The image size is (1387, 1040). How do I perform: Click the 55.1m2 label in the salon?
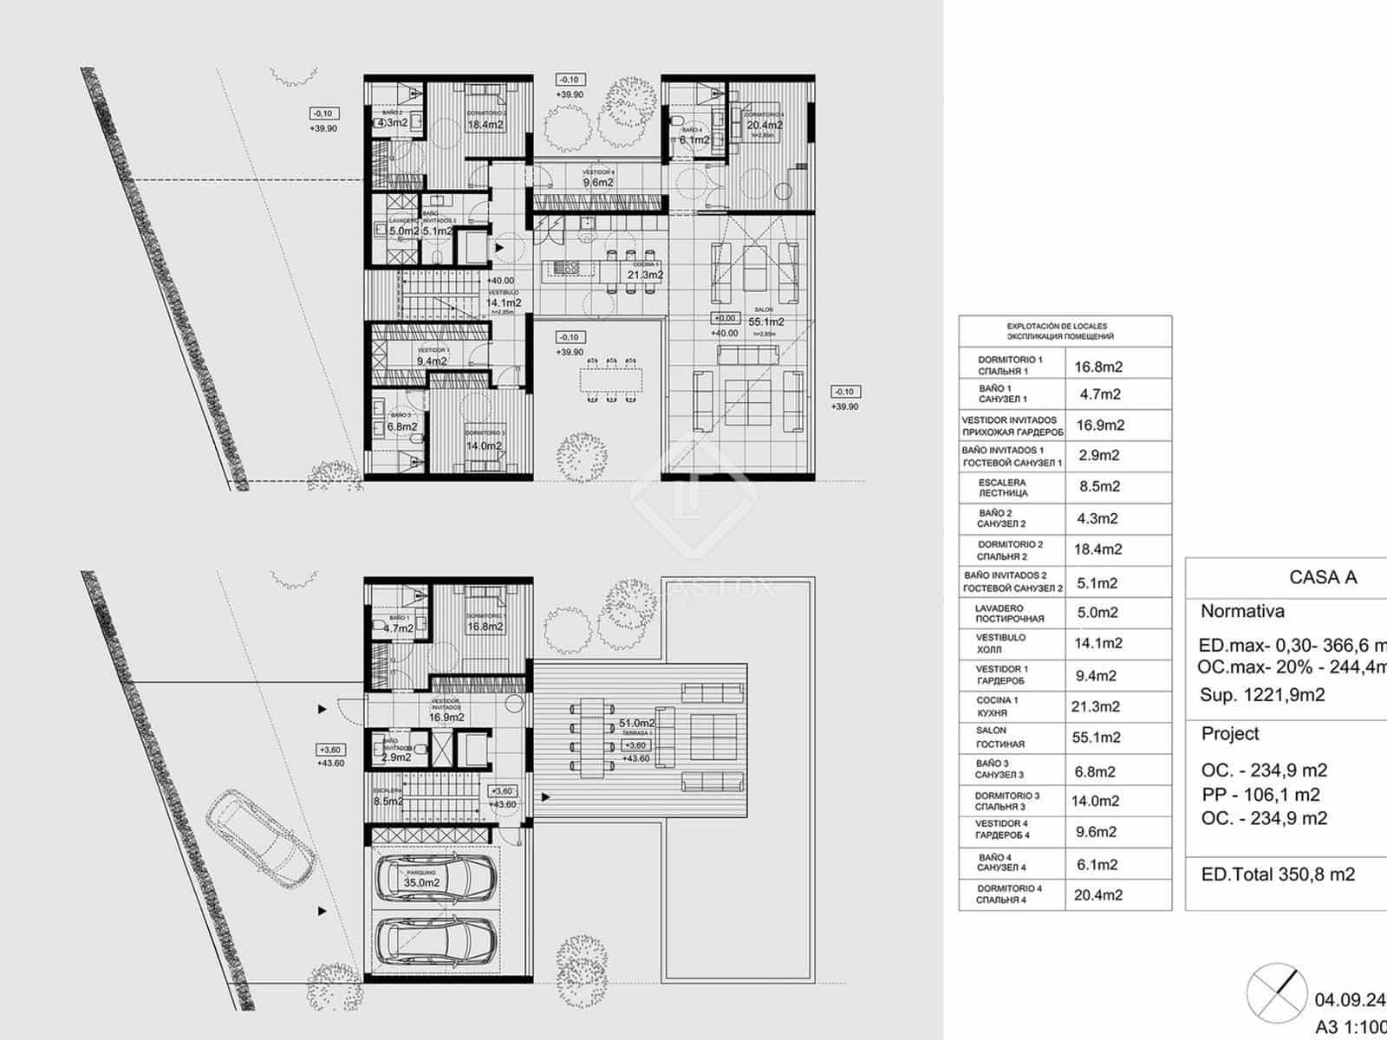pos(766,322)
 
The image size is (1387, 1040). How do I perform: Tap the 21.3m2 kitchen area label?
pos(645,275)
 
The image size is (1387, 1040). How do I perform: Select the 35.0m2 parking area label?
pos(421,882)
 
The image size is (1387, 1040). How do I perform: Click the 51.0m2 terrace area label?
pos(636,723)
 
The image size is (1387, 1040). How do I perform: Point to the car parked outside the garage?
pos(261,835)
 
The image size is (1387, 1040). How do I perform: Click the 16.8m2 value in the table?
pos(1098,367)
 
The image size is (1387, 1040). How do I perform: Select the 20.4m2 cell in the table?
pos(1098,895)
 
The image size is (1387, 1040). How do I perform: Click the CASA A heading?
pos(1322,577)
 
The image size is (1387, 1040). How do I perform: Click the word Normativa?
pos(1242,611)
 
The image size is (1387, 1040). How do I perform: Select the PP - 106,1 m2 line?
pos(1260,795)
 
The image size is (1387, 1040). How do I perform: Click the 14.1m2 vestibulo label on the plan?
pos(504,302)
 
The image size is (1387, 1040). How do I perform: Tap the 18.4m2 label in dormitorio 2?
pos(485,125)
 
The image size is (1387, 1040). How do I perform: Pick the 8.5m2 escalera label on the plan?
pos(387,801)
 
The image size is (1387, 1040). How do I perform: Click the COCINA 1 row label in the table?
pos(998,706)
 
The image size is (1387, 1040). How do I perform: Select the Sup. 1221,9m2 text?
pos(1262,695)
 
